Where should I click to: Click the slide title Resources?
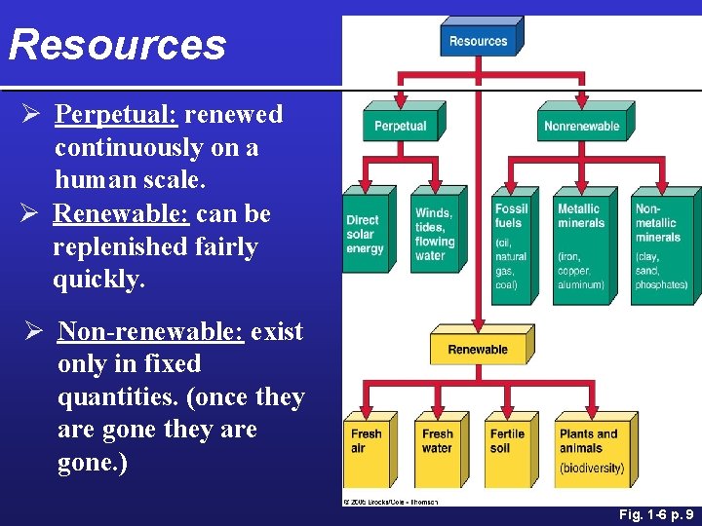tap(117, 45)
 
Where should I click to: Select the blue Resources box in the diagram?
tap(478, 41)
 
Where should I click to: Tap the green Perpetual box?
tap(400, 126)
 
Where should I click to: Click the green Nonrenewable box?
tap(581, 126)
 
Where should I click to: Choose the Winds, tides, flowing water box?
tap(435, 235)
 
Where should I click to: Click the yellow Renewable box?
tap(478, 350)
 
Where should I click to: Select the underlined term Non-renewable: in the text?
tap(150, 331)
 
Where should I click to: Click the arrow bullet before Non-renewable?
tap(33, 332)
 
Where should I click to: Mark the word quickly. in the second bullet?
tap(99, 280)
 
